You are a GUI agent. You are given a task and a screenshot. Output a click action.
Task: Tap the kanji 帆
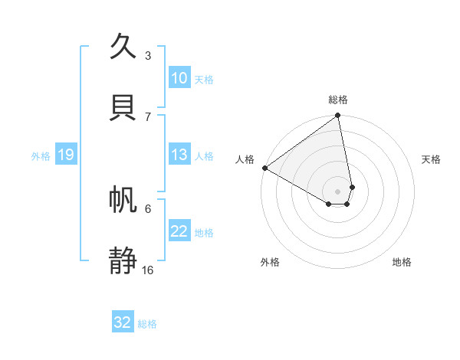click(x=125, y=201)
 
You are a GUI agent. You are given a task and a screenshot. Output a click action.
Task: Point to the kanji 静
click(x=125, y=260)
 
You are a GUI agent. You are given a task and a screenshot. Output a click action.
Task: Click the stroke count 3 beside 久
click(x=148, y=55)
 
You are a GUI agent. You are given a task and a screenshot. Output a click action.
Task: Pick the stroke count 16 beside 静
click(x=148, y=270)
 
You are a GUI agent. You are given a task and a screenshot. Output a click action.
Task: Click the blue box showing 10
click(x=179, y=78)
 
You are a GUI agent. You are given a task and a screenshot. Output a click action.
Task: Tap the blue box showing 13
click(x=179, y=155)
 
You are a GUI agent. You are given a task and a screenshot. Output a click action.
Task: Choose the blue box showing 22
click(x=179, y=231)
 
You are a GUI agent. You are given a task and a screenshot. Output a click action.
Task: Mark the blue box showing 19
click(x=66, y=155)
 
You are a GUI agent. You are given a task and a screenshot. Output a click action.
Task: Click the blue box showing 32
click(x=123, y=322)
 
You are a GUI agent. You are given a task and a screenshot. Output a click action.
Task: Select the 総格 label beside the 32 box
click(x=147, y=324)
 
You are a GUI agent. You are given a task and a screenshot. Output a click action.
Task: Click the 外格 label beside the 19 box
click(x=41, y=156)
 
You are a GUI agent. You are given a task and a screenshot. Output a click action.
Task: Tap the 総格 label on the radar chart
click(x=338, y=100)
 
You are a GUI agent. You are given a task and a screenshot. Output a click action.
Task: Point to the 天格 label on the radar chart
click(x=431, y=159)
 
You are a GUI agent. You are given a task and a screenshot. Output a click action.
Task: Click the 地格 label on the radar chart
click(x=402, y=262)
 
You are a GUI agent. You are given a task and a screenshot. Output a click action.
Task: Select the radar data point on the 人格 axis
click(x=264, y=168)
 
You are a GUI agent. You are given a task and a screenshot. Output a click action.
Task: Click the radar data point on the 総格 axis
click(x=338, y=116)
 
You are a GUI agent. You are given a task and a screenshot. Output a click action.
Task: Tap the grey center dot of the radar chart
click(x=338, y=191)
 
